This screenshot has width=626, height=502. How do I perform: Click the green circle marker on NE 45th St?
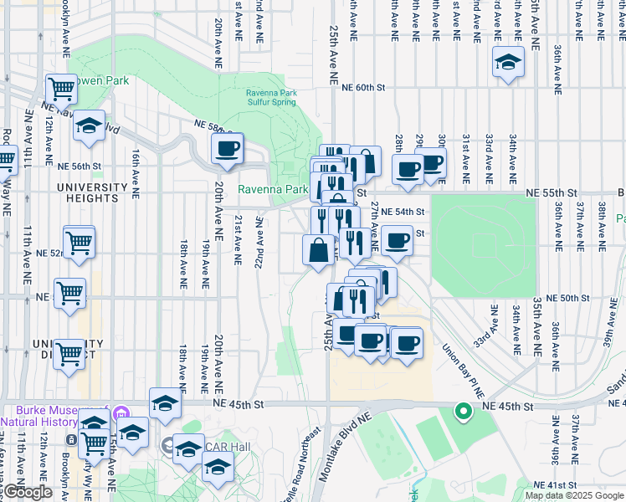462,411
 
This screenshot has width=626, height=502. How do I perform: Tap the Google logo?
28,493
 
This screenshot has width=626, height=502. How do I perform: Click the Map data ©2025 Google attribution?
575,495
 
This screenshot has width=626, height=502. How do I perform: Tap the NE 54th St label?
403,213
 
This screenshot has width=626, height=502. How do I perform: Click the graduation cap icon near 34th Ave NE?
508,62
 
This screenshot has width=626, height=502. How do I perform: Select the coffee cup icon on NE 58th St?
226,149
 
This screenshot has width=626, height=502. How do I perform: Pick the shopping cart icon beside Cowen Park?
61,87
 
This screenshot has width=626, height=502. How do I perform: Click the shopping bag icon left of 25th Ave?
319,249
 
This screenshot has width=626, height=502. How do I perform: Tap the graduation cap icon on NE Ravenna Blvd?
89,126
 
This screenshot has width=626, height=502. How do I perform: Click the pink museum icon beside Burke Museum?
121,413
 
